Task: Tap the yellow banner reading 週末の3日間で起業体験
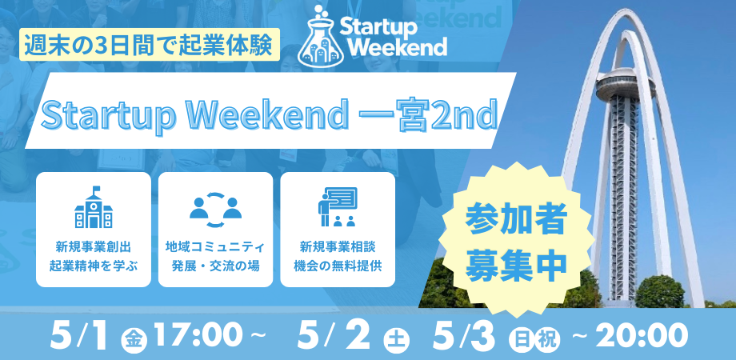(x=150, y=44)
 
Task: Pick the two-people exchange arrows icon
(x=215, y=210)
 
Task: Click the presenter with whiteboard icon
(x=338, y=207)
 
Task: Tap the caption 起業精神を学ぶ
(x=94, y=266)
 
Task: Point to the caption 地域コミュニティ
(x=215, y=246)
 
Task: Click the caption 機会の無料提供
(x=338, y=266)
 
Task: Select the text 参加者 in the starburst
(x=516, y=219)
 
